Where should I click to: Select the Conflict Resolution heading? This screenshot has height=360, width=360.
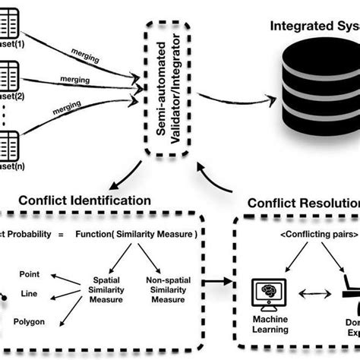(304, 204)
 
